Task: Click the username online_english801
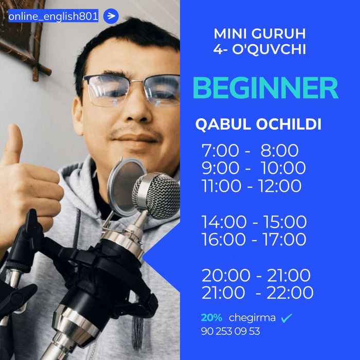[x=53, y=16]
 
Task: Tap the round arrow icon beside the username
[x=111, y=16]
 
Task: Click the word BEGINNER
[x=265, y=88]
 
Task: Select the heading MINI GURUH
[x=260, y=34]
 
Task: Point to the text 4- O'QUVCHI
[x=260, y=49]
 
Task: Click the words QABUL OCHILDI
[x=258, y=125]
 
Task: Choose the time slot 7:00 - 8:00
[x=250, y=151]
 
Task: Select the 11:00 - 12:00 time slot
[x=251, y=186]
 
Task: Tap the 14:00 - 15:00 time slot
[x=254, y=222]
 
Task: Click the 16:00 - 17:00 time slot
[x=254, y=240]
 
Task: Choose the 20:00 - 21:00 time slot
[x=256, y=276]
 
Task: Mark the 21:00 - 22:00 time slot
[x=257, y=293]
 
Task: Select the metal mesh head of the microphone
[x=156, y=195]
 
